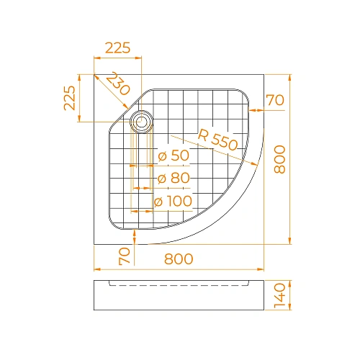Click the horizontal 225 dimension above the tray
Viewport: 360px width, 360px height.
(x=117, y=48)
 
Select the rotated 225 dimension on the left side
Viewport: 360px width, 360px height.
(x=69, y=97)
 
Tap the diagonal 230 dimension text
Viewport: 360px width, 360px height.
(x=117, y=84)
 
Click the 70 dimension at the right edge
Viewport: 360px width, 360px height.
(x=275, y=100)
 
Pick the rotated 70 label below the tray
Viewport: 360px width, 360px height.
(x=125, y=255)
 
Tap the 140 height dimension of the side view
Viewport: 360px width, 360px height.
(x=281, y=294)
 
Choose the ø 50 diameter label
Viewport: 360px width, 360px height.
(x=173, y=155)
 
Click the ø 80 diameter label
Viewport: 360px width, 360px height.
(x=173, y=178)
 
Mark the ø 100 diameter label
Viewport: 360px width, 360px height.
(x=173, y=202)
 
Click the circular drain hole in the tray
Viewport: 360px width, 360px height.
(x=141, y=121)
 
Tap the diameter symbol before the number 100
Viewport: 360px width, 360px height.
(x=158, y=202)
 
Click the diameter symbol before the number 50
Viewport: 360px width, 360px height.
(x=162, y=156)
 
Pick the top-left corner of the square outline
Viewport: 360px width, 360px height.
(x=94, y=74)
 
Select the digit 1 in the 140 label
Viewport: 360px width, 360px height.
(x=281, y=305)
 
